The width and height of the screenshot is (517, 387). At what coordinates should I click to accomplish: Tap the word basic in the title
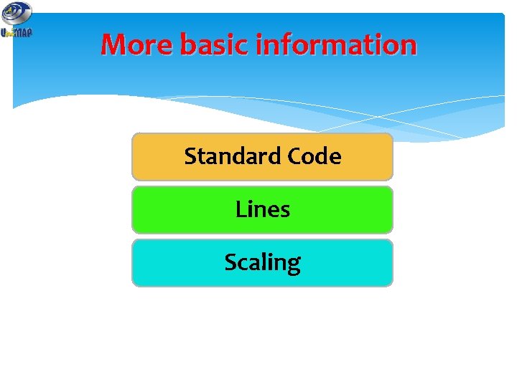[x=215, y=45]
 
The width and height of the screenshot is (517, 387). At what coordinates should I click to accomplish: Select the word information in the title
[x=336, y=45]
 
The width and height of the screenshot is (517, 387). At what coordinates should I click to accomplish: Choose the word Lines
[x=263, y=209]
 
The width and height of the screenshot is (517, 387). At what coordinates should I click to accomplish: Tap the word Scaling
[x=263, y=263]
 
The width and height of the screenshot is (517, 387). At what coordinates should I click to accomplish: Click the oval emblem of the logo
[x=17, y=12]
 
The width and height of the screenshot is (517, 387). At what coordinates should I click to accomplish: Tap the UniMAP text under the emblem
[x=17, y=32]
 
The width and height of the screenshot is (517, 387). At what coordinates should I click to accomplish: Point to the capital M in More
[x=115, y=45]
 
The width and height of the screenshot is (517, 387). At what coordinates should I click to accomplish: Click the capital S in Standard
[x=190, y=156]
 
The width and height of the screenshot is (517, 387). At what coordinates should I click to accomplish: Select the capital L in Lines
[x=240, y=209]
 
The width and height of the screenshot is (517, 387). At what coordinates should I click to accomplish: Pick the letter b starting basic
[x=187, y=45]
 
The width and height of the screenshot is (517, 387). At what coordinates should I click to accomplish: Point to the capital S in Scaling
[x=230, y=263]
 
